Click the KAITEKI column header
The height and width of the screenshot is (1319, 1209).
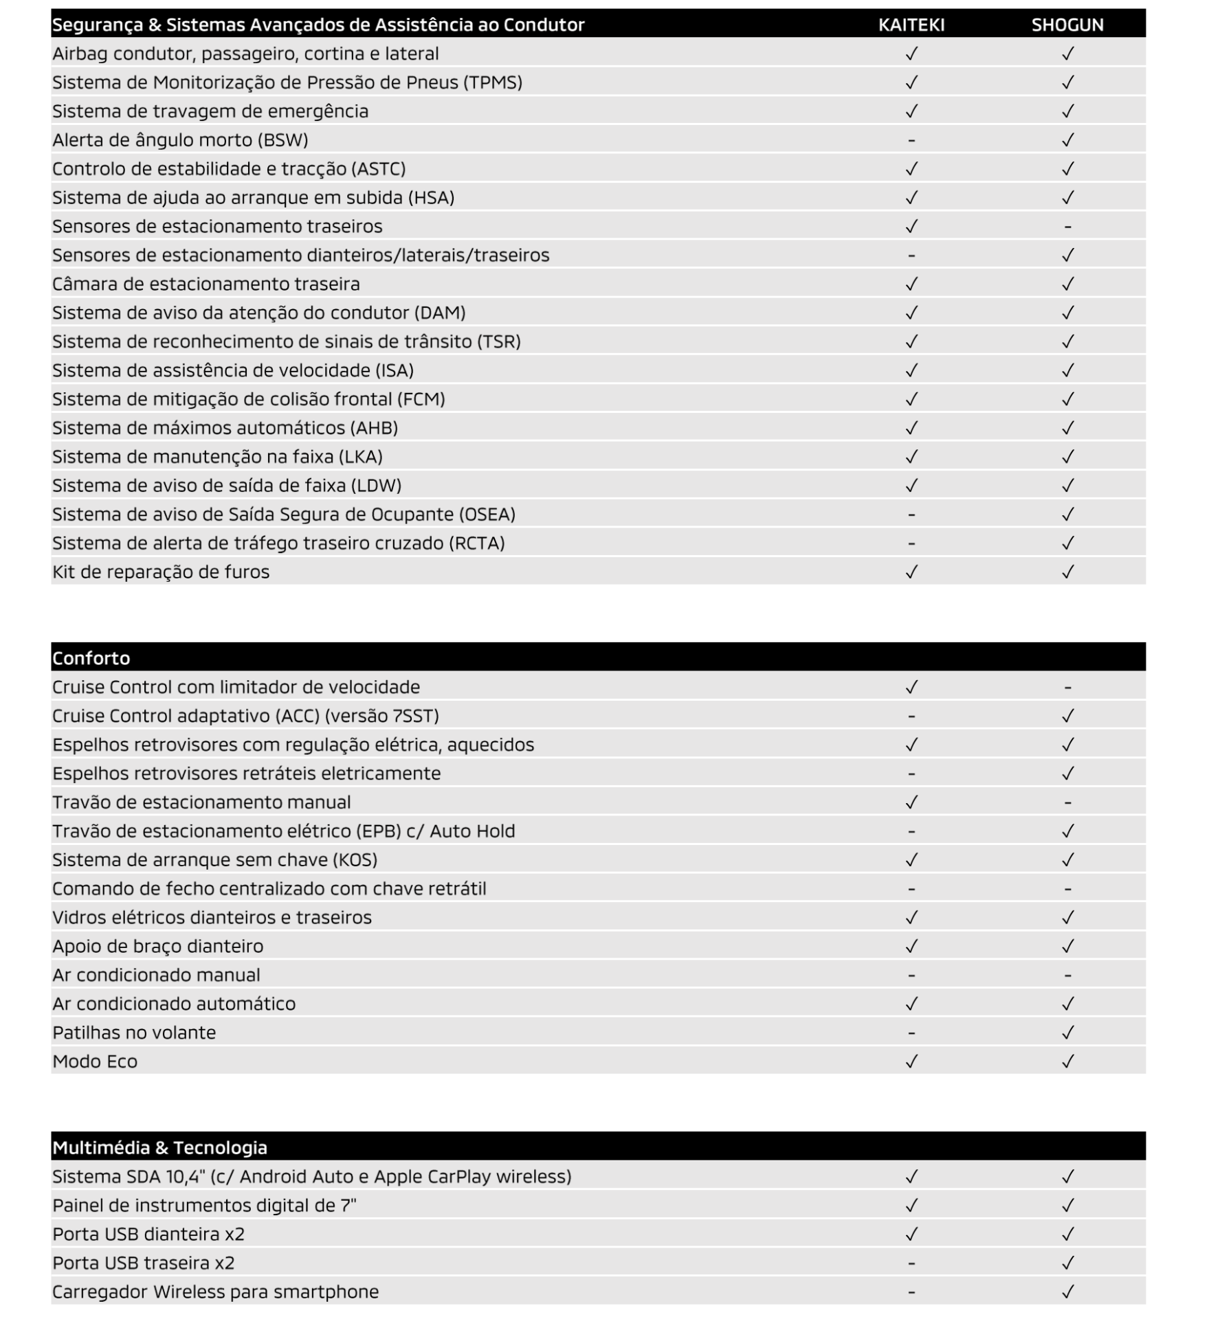pos(911,25)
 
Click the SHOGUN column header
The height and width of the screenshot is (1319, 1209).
pos(1067,25)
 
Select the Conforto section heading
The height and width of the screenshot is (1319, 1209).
pos(91,658)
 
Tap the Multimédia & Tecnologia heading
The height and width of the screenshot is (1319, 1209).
pos(159,1148)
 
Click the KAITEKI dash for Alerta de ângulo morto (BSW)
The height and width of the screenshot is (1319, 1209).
pos(911,141)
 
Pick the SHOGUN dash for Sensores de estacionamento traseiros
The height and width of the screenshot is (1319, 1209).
pos(1067,227)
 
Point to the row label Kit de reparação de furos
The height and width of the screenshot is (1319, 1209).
pos(161,572)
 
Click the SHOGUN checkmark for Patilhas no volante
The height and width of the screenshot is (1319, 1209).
pos(1067,1033)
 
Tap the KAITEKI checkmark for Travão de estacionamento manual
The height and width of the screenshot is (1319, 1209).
pos(911,802)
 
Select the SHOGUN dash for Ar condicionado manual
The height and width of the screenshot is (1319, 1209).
pos(1067,976)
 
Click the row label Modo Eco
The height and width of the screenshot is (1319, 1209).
pos(95,1061)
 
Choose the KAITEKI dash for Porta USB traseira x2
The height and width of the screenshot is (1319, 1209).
pos(911,1263)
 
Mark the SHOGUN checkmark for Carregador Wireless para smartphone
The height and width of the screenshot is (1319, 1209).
pos(1067,1292)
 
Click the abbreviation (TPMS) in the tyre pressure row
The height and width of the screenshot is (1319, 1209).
pos(492,83)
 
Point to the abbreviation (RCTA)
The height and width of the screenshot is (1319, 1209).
pos(476,543)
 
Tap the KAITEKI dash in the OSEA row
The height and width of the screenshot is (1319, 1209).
pos(911,515)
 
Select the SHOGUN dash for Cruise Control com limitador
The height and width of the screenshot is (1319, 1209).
pos(1067,688)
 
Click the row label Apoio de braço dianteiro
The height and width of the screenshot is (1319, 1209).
pos(157,947)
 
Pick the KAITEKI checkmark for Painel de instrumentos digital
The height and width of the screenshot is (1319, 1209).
pos(911,1206)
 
